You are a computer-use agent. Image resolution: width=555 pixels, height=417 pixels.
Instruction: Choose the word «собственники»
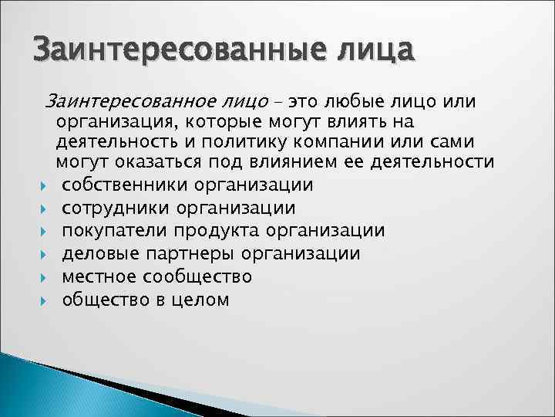point(124,185)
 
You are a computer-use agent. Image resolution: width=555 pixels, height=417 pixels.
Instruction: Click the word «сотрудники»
point(116,208)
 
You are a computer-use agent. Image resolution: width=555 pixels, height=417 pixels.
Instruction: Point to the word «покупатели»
point(116,231)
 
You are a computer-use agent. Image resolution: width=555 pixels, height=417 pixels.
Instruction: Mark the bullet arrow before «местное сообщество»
point(48,276)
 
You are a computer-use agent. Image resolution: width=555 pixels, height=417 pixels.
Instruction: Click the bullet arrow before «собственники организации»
point(48,186)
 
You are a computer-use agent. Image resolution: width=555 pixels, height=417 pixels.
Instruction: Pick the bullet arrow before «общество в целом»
point(48,300)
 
